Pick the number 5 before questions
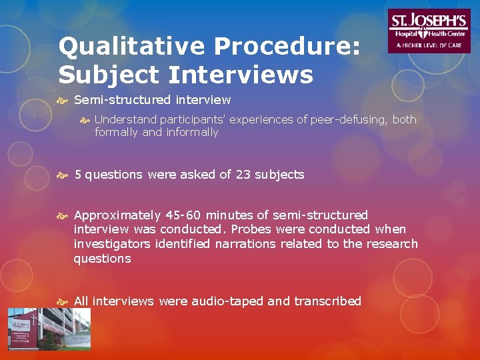click(x=78, y=175)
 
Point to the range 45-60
click(x=183, y=215)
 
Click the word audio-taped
click(x=229, y=301)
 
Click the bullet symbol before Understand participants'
click(x=85, y=120)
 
